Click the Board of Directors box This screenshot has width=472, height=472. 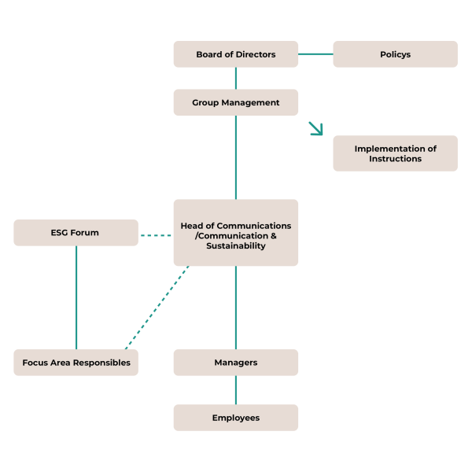[x=235, y=54]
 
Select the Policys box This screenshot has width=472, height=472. [x=395, y=54]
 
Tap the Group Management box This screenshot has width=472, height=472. [x=235, y=102]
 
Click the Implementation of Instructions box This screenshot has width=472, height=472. [x=395, y=153]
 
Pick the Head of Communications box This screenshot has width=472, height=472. [x=235, y=233]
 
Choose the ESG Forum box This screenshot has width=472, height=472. [x=76, y=233]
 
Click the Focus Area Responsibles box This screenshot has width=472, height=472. [x=76, y=363]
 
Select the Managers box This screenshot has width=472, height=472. [x=235, y=363]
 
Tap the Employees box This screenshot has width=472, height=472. [x=235, y=418]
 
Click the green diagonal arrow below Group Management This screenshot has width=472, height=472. [x=316, y=129]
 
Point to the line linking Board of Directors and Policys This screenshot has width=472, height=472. [x=315, y=54]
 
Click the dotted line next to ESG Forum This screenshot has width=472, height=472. [x=156, y=234]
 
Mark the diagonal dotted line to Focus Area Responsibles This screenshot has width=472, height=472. [x=157, y=307]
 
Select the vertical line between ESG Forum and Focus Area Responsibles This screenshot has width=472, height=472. [x=76, y=297]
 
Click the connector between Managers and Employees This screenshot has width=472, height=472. [x=235, y=390]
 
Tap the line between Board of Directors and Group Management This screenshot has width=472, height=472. [x=235, y=78]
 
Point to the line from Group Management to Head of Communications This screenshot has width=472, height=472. [x=235, y=157]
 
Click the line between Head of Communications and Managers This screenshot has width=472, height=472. [x=235, y=307]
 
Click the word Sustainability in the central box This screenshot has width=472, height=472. [x=236, y=245]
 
